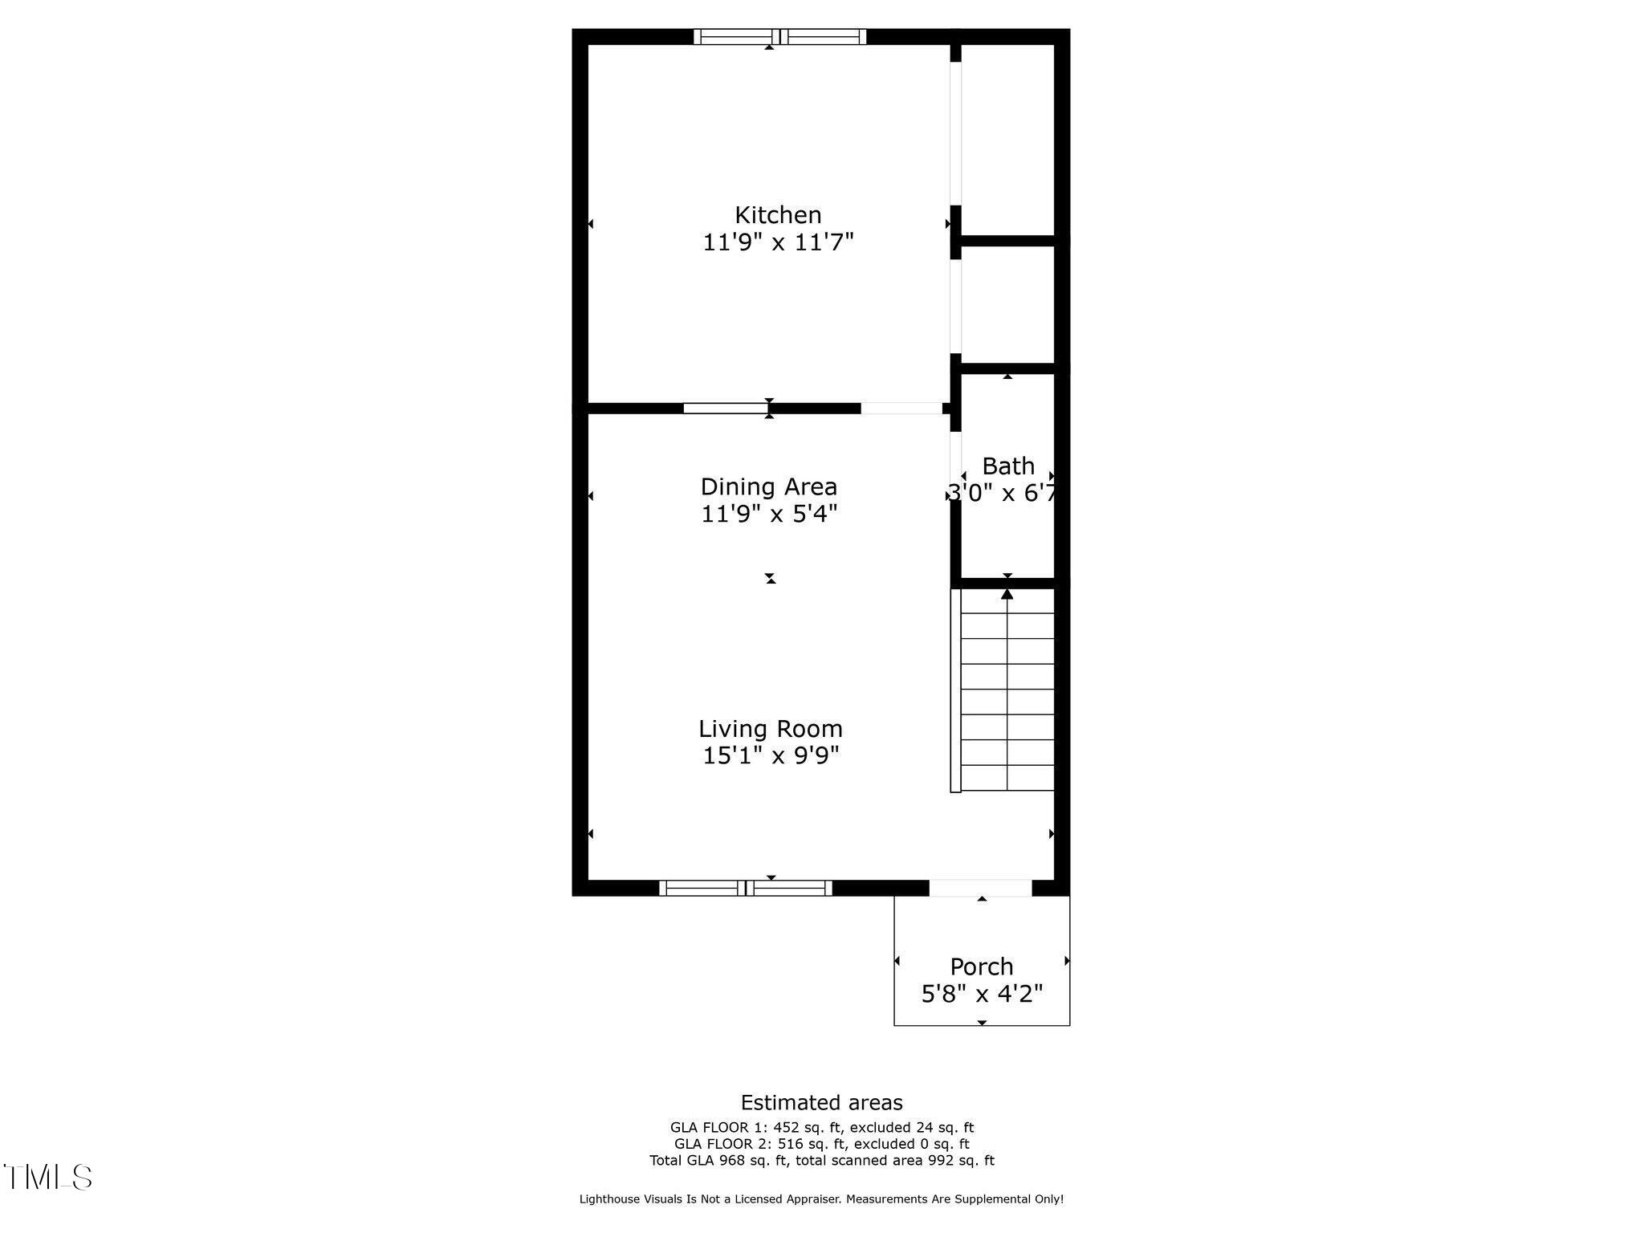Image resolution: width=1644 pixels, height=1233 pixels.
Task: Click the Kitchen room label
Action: (778, 215)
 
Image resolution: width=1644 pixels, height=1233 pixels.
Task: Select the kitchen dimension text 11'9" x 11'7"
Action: (778, 242)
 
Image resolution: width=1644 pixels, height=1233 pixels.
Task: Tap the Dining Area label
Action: (768, 486)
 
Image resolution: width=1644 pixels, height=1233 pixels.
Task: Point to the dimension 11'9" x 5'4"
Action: (769, 513)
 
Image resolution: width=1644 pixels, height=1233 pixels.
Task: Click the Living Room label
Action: (770, 729)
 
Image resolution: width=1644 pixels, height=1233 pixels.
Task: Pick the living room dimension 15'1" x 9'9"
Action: (771, 755)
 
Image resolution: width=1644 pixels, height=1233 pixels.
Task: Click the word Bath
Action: (1008, 466)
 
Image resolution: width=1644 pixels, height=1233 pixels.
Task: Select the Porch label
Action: (981, 966)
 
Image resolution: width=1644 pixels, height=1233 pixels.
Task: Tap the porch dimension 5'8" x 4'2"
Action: (982, 995)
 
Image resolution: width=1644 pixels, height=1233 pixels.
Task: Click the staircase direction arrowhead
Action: (1007, 594)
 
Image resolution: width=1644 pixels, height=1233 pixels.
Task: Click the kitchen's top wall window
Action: (779, 36)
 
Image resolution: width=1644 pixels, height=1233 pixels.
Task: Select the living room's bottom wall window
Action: (746, 888)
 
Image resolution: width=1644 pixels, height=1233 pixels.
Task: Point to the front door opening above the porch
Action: (980, 888)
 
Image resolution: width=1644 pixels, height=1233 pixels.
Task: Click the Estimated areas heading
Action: (821, 1102)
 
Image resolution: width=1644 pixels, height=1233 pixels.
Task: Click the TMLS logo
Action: (47, 1178)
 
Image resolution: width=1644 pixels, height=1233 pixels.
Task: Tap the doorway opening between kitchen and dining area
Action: (901, 408)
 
